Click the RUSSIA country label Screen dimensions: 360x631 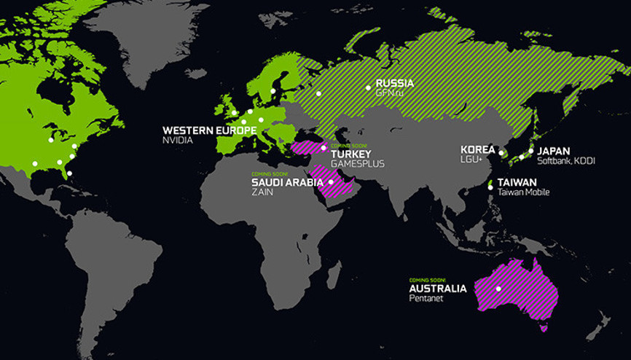coord(394,83)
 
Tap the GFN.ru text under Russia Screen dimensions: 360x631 coord(388,93)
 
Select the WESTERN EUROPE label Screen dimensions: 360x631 coord(209,130)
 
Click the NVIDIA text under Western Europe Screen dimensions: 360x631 coord(179,141)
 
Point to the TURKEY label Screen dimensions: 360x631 coord(351,154)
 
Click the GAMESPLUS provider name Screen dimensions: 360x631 coord(357,165)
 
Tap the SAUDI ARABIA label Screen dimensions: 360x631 coord(287,182)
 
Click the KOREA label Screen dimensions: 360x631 coord(477,149)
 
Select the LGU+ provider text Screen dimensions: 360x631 coord(472,160)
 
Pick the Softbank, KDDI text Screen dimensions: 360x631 coord(565,160)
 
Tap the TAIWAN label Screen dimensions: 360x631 coord(518,182)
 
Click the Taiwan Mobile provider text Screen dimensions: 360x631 coord(525,192)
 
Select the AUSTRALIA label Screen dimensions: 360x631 coord(438,289)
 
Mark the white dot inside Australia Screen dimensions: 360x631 coord(499,289)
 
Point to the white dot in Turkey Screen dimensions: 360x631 coord(324,148)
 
